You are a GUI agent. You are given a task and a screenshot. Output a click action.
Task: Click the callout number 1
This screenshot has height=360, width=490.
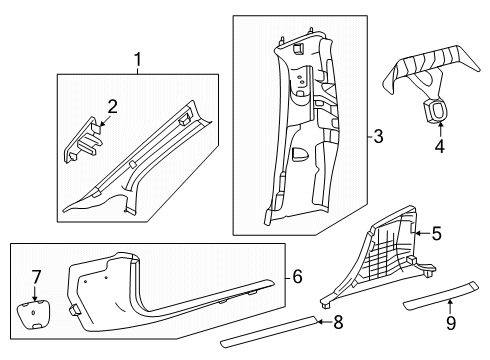coord(137,60)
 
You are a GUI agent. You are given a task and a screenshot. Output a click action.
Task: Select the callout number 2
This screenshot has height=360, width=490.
coord(112,107)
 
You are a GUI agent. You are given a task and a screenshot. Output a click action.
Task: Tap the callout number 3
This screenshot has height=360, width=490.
coord(378,136)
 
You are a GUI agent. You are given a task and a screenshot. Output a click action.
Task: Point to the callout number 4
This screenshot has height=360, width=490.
coord(440,146)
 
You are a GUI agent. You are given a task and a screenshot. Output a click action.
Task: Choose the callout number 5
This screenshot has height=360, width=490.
coord(437,233)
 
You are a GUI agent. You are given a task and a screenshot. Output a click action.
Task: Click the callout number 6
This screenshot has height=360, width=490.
coord(297,277)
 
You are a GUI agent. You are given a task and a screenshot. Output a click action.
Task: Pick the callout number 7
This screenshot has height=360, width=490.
coord(36,277)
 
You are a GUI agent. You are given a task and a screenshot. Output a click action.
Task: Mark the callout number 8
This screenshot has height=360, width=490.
coord(338,322)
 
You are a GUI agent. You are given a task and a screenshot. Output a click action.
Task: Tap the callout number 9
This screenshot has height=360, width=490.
coord(451,323)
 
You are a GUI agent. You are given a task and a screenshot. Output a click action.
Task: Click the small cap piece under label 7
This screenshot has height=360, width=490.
coord(33,314)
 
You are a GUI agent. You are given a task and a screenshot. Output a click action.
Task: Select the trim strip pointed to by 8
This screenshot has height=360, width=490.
coord(268,332)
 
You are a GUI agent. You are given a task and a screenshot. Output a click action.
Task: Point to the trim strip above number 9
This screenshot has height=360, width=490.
coord(441,296)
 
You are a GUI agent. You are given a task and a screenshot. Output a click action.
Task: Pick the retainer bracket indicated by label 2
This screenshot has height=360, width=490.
coord(82,140)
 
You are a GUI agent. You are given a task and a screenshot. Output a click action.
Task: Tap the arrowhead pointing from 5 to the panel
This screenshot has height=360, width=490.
coord(416,233)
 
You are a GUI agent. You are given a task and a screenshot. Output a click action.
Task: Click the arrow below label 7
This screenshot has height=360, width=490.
coord(35,293)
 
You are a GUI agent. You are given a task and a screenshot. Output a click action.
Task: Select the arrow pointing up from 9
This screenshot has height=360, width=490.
coord(450,307)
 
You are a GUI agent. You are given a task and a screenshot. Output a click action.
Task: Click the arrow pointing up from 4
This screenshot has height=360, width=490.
coord(440,130)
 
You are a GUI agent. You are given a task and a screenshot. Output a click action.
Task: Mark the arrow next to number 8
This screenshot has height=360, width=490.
coord(324,322)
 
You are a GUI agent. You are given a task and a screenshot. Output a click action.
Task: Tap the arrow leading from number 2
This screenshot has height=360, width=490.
coord(104,121)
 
